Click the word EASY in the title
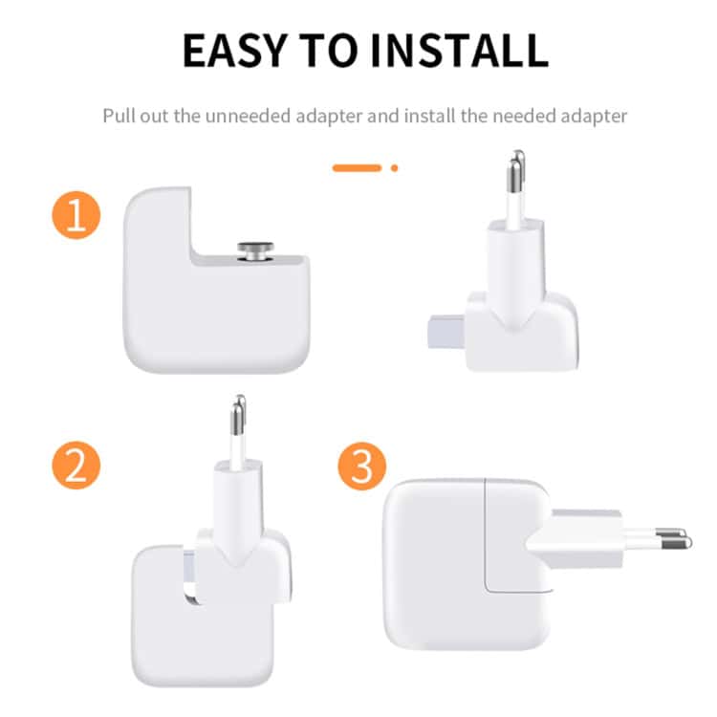coord(234,51)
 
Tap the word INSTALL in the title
coord(459,51)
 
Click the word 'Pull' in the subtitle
coord(119,116)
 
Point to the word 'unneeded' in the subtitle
coord(248,116)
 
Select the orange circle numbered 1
coord(76,215)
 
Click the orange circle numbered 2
coord(76,465)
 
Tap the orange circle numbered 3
coord(362,466)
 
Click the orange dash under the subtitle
coord(357,168)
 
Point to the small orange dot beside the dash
coord(394,168)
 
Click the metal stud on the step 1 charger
coord(255,251)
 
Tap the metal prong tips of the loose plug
coord(516,172)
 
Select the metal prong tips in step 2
coord(239,415)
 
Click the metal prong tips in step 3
coord(674,538)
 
